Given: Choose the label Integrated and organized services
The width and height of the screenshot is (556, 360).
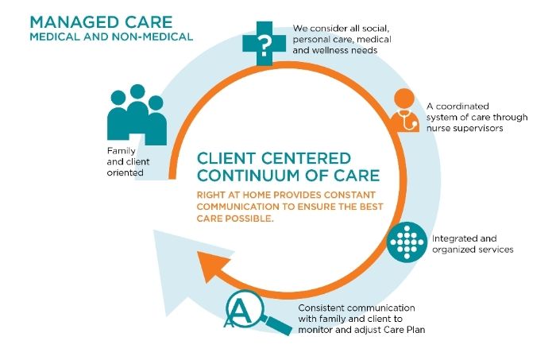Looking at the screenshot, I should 472,243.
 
